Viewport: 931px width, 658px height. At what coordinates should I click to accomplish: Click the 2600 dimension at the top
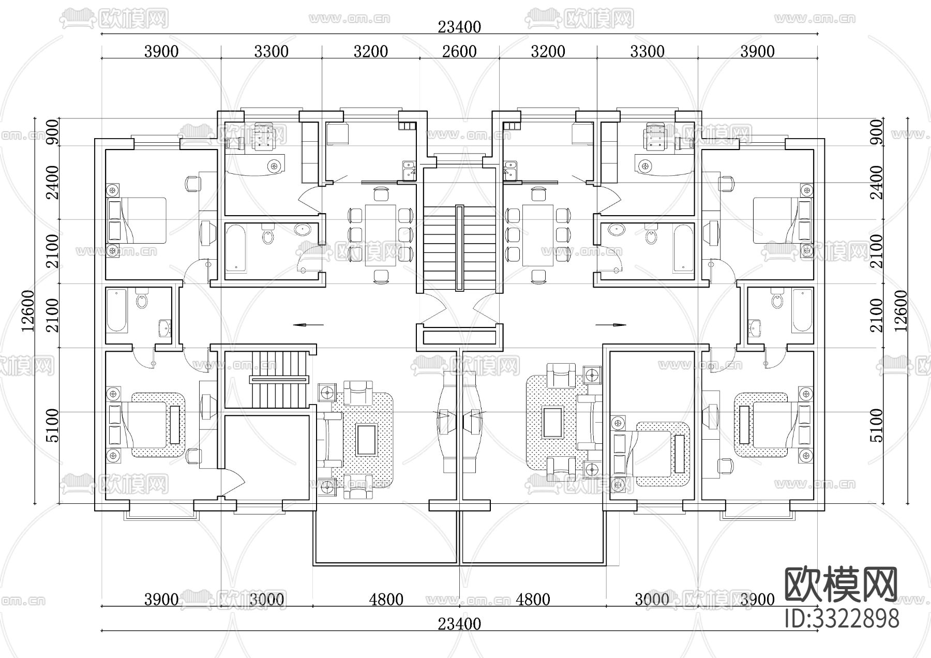click(460, 51)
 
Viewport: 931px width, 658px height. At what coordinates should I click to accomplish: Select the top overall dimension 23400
click(459, 26)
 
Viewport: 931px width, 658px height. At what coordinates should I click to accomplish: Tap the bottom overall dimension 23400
click(459, 624)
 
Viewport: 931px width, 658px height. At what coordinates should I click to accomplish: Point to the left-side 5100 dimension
click(52, 425)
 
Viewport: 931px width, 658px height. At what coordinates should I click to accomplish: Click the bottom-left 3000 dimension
click(267, 600)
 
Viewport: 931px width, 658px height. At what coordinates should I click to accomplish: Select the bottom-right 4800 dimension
click(533, 600)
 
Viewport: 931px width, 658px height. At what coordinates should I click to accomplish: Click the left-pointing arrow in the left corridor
click(308, 325)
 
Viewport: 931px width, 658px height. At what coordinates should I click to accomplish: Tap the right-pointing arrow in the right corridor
click(611, 325)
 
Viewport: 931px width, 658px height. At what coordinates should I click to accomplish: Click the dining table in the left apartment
click(380, 235)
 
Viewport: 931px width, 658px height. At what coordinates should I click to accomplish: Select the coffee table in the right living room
click(552, 423)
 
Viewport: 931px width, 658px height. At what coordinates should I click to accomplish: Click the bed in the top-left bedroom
click(139, 220)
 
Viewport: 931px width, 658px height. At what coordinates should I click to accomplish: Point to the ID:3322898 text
click(842, 619)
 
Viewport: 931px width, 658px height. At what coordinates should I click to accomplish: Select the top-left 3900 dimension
click(161, 51)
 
